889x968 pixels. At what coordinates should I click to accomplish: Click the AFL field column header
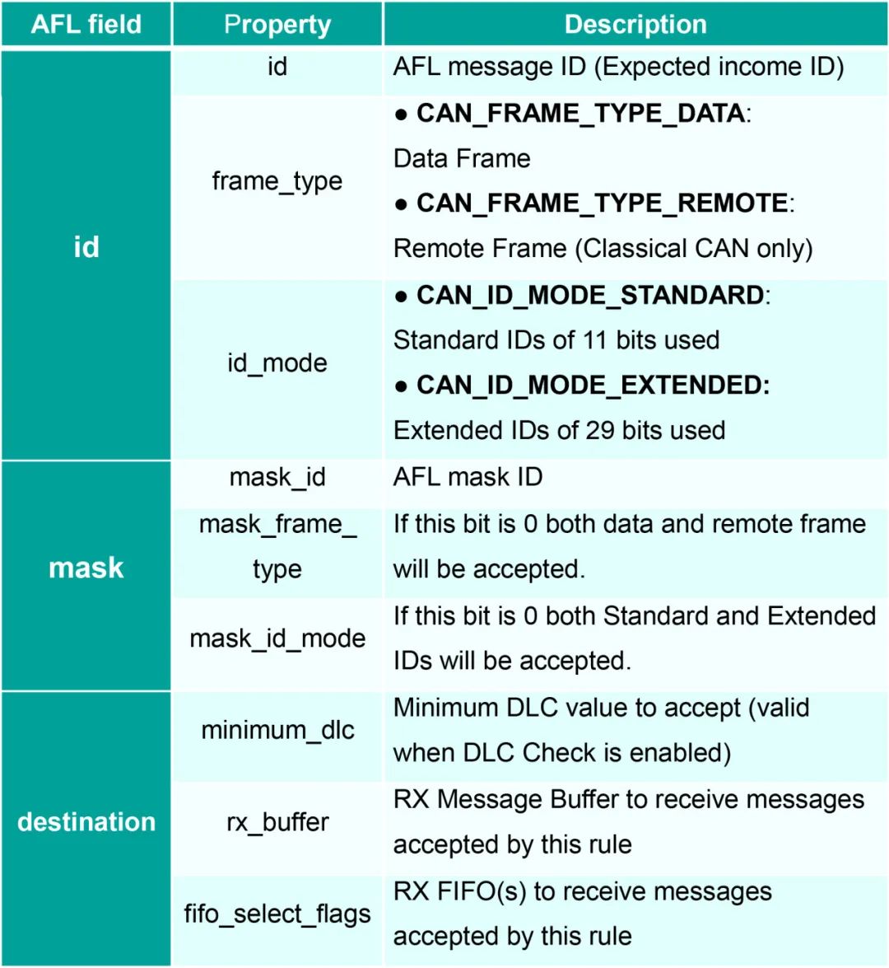click(x=86, y=24)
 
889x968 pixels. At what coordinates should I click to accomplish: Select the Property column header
click(x=277, y=25)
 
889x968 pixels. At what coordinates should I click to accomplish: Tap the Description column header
click(x=635, y=24)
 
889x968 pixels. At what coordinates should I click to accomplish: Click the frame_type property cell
click(x=277, y=181)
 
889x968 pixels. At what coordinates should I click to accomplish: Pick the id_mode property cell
click(x=277, y=363)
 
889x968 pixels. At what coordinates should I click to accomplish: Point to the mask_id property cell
click(x=277, y=477)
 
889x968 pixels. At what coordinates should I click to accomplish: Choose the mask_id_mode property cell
click(x=277, y=638)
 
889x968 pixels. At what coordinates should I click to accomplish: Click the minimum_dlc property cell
click(x=277, y=730)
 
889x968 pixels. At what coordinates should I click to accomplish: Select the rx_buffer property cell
click(x=277, y=822)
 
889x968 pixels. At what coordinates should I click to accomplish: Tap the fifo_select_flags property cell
click(x=277, y=914)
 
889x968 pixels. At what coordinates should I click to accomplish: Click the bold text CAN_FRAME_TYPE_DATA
click(x=580, y=114)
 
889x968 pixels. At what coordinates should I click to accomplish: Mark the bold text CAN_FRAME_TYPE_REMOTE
click(x=602, y=203)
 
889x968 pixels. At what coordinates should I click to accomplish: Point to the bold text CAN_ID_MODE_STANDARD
click(x=590, y=295)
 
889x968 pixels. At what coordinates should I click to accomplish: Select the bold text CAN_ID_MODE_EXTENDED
click(x=593, y=386)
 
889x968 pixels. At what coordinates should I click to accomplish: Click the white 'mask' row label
click(x=86, y=568)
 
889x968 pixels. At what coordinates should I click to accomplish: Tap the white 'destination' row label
click(x=86, y=822)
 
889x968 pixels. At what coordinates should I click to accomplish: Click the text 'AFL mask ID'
click(x=468, y=477)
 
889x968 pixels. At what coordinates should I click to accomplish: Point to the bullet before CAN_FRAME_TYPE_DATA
click(x=401, y=115)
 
